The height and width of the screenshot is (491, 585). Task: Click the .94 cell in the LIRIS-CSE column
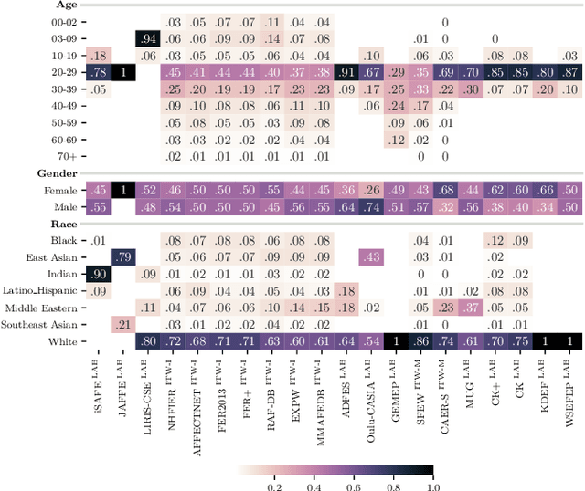[147, 38]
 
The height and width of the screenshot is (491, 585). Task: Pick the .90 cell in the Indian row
[97, 274]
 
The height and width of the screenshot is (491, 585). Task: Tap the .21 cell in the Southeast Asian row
[122, 324]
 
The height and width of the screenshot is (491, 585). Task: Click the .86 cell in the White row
[420, 341]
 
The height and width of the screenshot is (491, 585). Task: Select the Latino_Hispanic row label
[41, 291]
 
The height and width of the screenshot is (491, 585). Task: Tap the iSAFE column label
[98, 374]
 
